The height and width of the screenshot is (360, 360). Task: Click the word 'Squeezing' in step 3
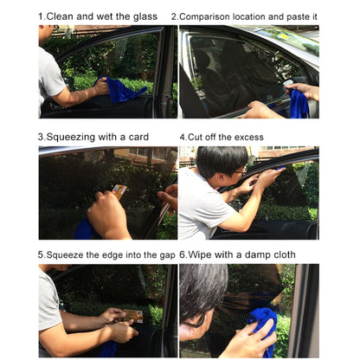click(x=73, y=136)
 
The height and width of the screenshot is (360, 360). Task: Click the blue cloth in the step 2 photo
click(x=299, y=104)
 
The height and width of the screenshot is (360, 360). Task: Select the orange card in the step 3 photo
click(x=120, y=190)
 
